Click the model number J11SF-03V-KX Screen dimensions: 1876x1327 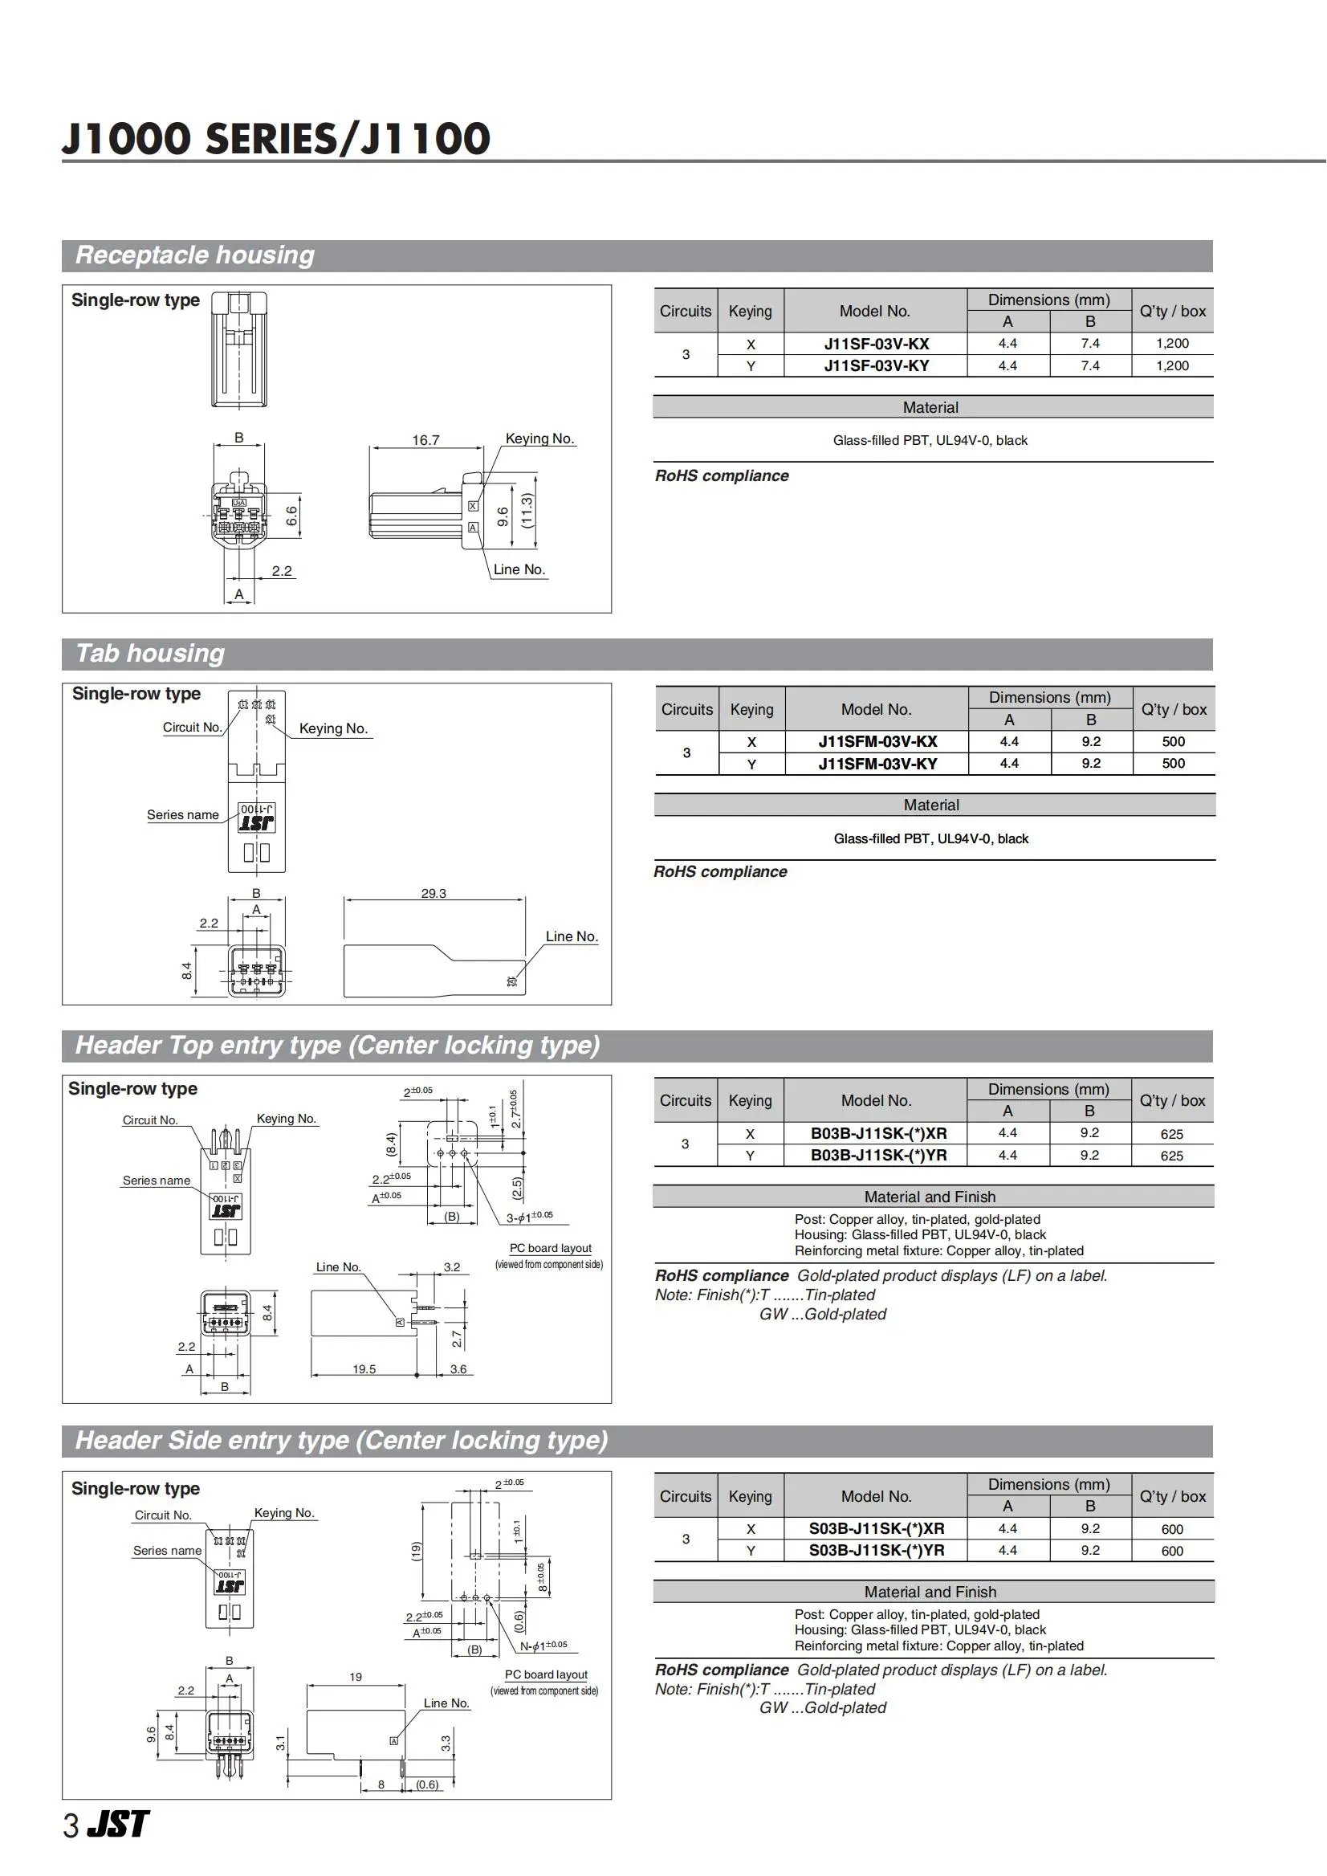[x=876, y=345]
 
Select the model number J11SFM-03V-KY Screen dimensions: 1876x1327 [x=877, y=765]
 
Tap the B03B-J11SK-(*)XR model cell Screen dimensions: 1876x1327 [x=878, y=1134]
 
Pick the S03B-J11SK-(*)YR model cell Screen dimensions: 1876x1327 [x=876, y=1551]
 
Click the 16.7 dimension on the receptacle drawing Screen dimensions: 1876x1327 [x=425, y=441]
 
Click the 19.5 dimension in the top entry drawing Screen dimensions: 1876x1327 [x=364, y=1369]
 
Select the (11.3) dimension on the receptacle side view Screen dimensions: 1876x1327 [x=527, y=511]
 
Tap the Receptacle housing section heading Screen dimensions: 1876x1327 [x=195, y=256]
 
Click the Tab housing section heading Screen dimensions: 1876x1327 [x=150, y=654]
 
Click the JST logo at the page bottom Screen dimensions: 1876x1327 [x=120, y=1825]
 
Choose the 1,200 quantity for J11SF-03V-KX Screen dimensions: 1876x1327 [x=1172, y=345]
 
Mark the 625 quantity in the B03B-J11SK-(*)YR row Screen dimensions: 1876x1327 [x=1172, y=1156]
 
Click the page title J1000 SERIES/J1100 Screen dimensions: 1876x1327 [x=276, y=139]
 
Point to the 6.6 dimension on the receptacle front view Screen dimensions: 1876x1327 [x=291, y=516]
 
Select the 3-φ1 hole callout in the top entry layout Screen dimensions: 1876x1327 [x=529, y=1217]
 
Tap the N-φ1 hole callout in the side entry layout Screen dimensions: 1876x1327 [x=543, y=1646]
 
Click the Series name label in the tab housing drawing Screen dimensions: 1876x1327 [x=182, y=815]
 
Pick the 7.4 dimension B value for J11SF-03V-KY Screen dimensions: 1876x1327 [x=1090, y=366]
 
